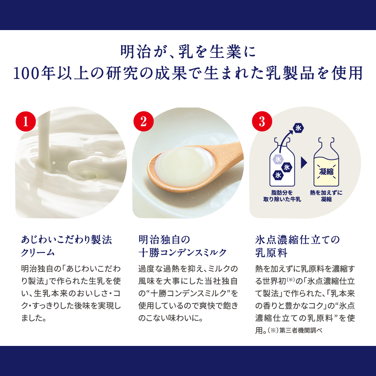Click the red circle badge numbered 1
coord(26,121)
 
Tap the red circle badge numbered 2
coord(143,121)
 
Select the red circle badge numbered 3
coord(261,121)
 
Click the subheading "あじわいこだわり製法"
coord(67,240)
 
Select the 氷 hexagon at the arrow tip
coord(299,128)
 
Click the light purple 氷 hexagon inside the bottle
coord(277,159)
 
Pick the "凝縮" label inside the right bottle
coord(326,172)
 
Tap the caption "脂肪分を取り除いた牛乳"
coord(282,196)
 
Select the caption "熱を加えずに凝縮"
coord(326,196)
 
